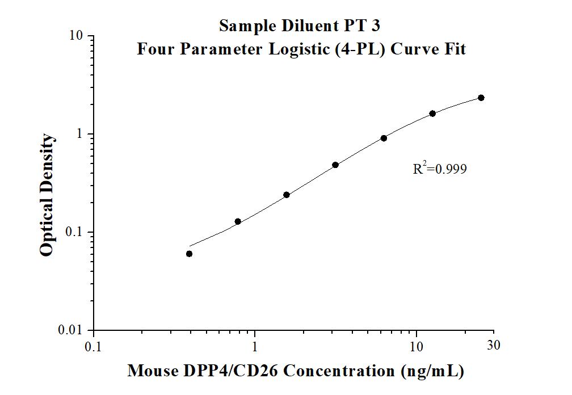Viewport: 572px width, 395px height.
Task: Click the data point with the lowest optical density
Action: pos(189,254)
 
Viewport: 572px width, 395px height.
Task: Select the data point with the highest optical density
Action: pos(481,98)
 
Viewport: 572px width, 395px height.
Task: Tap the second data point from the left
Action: pos(238,221)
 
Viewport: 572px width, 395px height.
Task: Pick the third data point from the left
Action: pos(287,195)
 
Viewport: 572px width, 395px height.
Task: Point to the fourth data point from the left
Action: pos(335,165)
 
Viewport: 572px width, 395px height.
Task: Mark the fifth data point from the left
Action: pos(384,138)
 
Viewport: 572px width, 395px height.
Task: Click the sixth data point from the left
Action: pos(432,114)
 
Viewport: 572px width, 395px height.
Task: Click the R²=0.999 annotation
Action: pos(440,169)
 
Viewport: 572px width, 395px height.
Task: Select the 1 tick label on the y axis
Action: pos(80,134)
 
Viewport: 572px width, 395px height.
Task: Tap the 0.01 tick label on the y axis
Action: pos(72,330)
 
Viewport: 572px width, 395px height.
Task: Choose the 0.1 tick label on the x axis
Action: pos(94,346)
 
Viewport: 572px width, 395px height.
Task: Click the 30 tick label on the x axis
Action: pos(494,345)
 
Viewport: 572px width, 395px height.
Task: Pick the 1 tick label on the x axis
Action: pos(255,346)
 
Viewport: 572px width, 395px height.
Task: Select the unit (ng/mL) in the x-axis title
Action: pos(432,371)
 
